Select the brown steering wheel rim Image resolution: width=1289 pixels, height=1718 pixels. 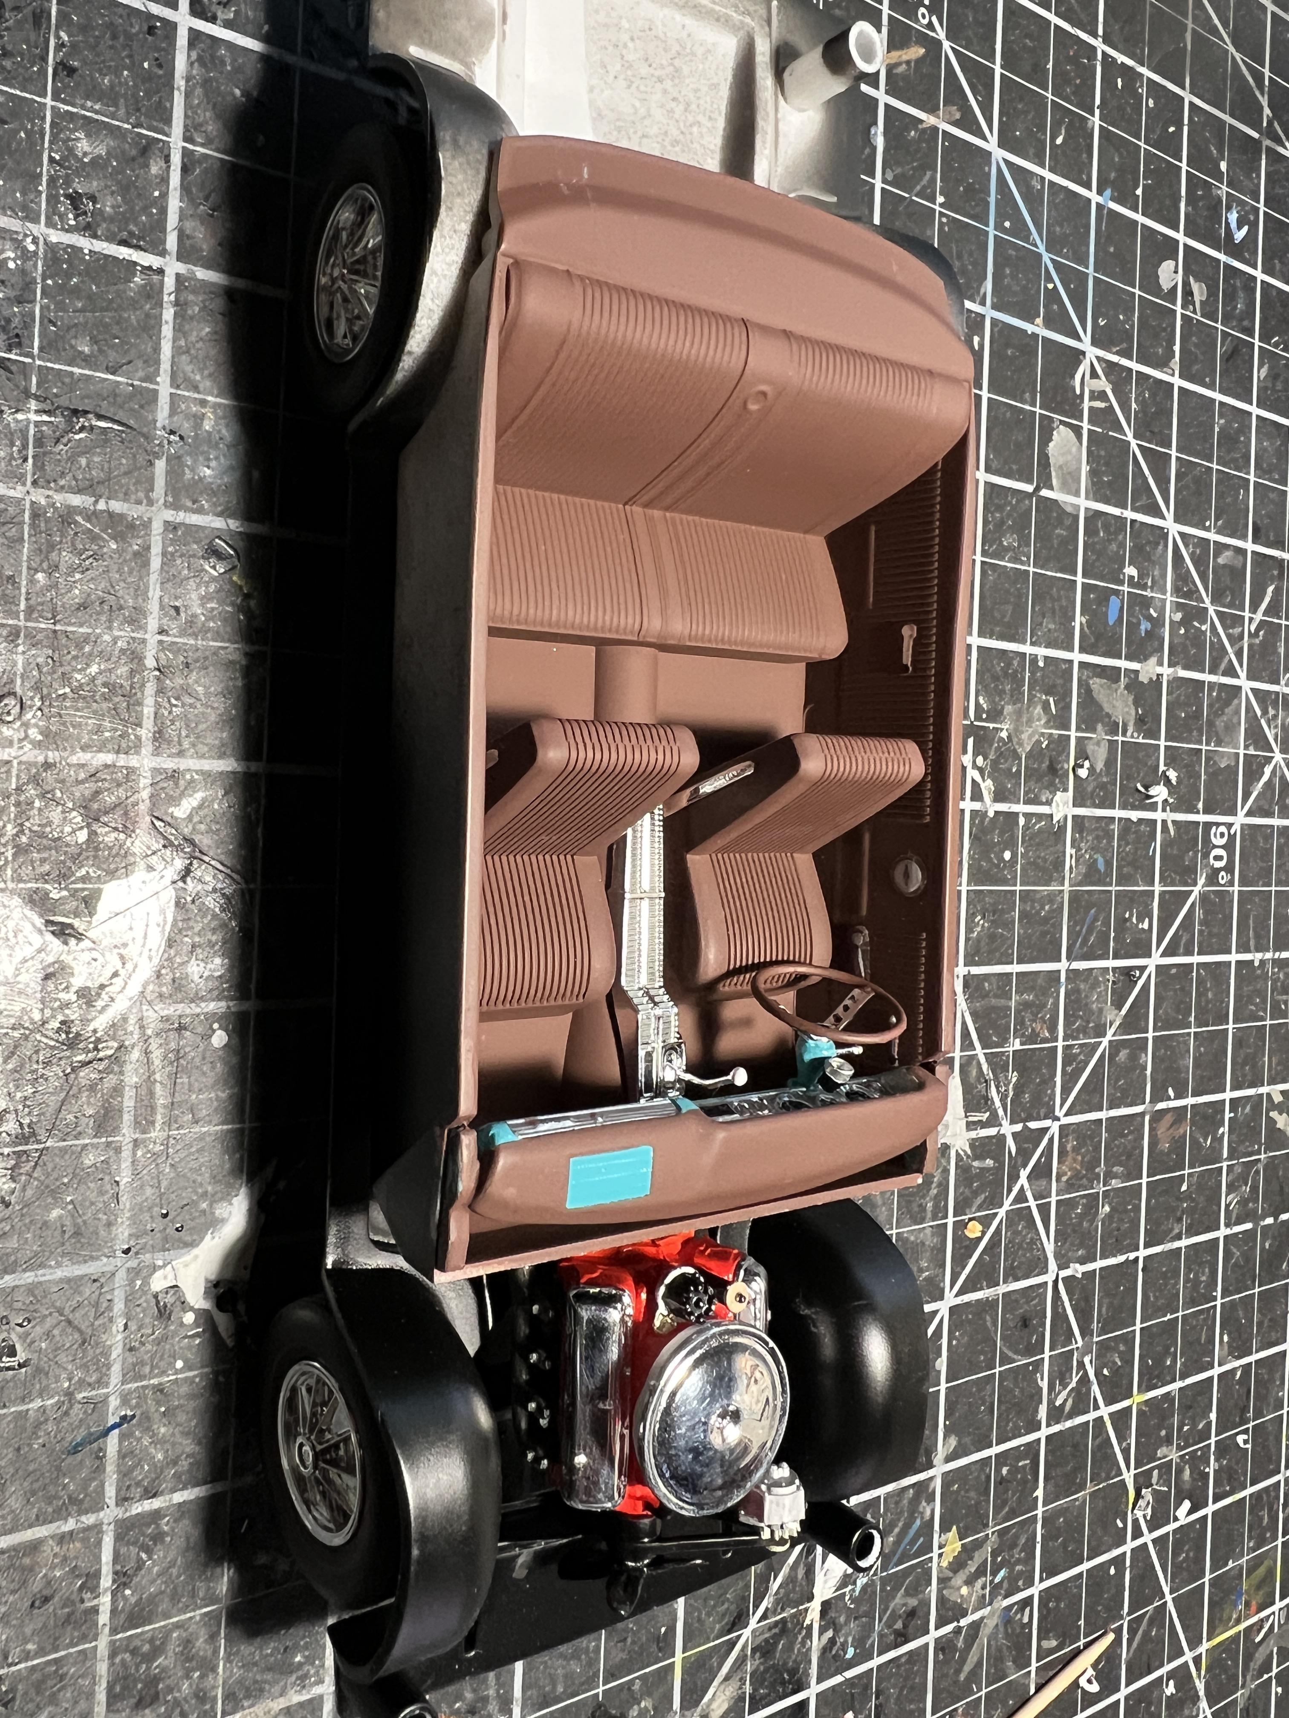827,1004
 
